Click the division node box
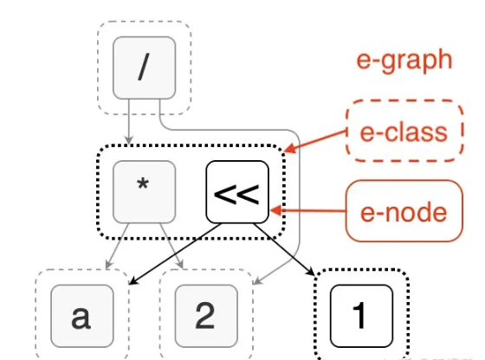click(145, 68)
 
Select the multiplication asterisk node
click(145, 192)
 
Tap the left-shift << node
click(237, 192)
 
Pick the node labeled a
click(82, 316)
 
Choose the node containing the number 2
click(206, 316)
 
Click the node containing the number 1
click(362, 316)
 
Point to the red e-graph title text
click(404, 61)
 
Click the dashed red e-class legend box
click(404, 131)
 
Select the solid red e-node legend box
click(404, 211)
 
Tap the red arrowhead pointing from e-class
click(289, 148)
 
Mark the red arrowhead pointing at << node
click(276, 211)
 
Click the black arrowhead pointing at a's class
click(133, 280)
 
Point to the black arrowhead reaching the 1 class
click(310, 271)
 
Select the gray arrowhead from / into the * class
click(129, 139)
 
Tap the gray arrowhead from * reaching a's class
click(109, 265)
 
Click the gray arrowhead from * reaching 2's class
click(180, 265)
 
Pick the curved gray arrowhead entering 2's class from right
click(257, 280)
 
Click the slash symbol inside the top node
click(144, 67)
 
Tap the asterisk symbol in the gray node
click(143, 184)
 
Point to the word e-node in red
click(404, 213)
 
